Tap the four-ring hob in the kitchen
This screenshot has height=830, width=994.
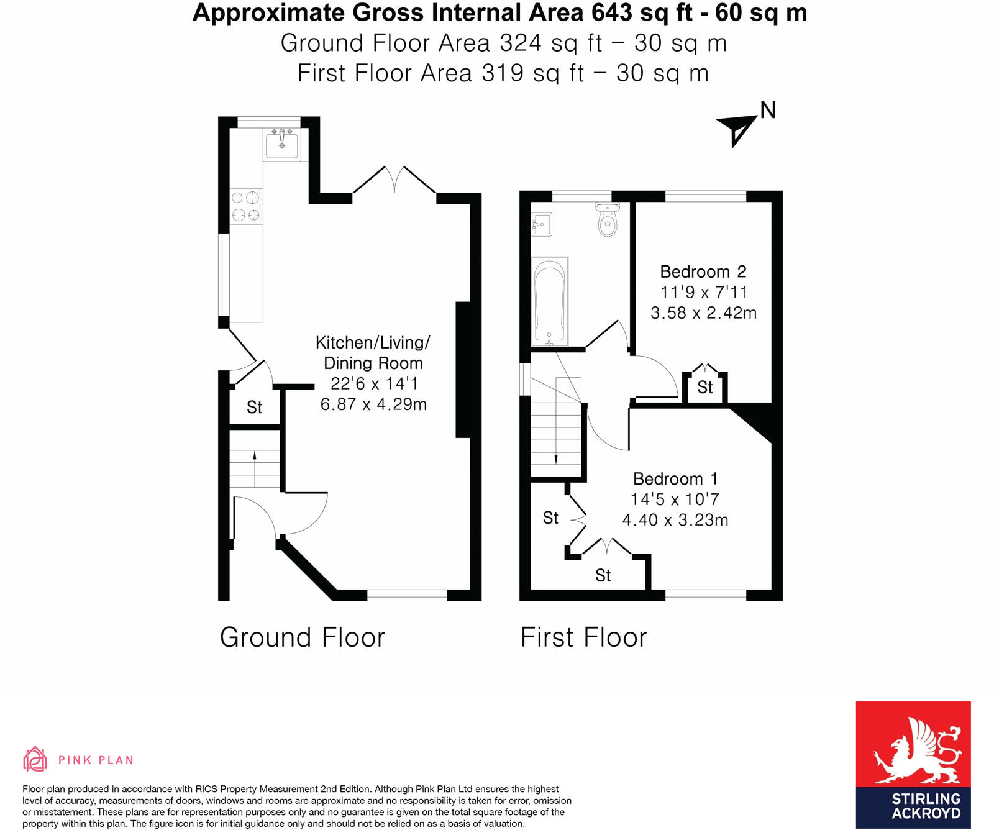pos(245,207)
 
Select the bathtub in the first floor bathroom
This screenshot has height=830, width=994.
pos(549,301)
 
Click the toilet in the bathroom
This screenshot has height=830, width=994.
pos(607,221)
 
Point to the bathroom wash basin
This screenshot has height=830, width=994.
pos(541,224)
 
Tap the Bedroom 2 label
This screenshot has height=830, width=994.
pos(703,272)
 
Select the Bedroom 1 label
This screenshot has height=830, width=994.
pos(675,479)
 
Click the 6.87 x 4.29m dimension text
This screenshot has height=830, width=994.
pos(373,404)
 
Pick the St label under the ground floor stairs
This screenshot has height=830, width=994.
pos(254,408)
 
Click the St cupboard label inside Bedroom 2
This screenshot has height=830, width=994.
pos(704,388)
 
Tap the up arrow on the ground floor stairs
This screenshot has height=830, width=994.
pos(255,455)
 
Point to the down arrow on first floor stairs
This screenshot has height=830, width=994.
pos(555,459)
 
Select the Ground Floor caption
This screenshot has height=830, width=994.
pos(302,638)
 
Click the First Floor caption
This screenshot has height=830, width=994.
pos(583,638)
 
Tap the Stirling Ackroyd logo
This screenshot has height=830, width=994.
pos(913,764)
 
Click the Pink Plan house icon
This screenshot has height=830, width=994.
pos(35,759)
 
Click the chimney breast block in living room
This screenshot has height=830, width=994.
pos(463,370)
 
